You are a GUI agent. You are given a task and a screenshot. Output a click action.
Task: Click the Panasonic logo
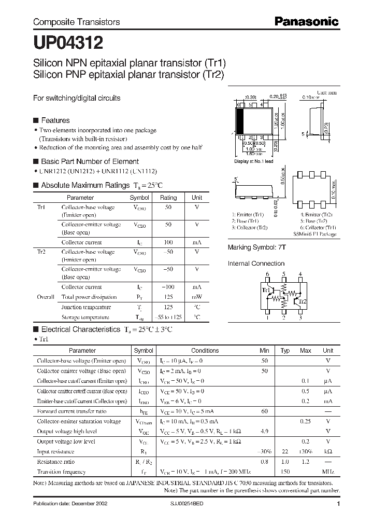coord(306,21)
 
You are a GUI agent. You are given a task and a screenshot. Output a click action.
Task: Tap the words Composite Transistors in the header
coord(77,22)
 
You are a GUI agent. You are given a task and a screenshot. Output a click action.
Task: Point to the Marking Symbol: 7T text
coord(257,248)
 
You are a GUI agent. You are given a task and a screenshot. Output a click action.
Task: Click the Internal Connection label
coord(256,264)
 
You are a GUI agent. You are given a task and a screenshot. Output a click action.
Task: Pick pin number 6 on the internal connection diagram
coord(267,274)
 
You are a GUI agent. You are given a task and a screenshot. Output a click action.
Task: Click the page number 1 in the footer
coord(338,504)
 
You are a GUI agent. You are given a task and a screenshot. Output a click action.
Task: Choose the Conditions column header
coord(205,351)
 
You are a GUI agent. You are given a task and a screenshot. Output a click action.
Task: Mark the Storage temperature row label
coord(85,317)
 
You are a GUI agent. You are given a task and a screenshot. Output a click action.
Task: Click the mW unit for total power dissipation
coord(197,297)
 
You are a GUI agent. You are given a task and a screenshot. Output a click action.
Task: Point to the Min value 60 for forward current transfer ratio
coord(264,411)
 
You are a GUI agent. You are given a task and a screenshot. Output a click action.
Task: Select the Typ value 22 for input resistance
coord(284,452)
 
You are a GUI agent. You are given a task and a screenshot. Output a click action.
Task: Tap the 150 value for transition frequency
coord(284,472)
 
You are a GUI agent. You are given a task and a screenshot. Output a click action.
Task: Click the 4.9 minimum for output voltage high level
coord(264,431)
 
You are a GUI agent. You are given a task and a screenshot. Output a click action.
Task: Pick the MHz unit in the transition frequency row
coord(327,472)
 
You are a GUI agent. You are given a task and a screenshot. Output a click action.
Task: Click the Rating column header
coord(168,198)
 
